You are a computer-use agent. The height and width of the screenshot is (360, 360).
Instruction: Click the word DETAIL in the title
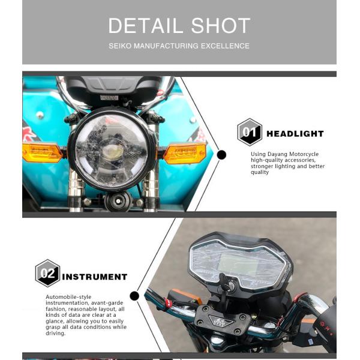(143, 26)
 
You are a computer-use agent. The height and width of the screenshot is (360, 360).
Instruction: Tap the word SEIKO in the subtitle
(121, 46)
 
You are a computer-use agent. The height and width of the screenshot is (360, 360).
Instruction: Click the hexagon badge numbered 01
(250, 133)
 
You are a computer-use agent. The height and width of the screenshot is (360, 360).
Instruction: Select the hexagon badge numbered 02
(47, 274)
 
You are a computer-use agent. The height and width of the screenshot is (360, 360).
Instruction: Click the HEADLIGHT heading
(295, 134)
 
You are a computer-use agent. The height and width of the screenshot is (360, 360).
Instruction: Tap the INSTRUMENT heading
(95, 277)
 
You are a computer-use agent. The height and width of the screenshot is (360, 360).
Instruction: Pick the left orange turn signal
(42, 152)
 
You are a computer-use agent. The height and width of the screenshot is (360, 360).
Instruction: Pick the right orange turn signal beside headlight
(184, 154)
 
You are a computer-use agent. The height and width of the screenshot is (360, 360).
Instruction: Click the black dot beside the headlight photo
(221, 155)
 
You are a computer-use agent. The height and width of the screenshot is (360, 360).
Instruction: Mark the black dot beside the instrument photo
(134, 296)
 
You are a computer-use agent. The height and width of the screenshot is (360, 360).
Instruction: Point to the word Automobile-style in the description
(67, 297)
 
